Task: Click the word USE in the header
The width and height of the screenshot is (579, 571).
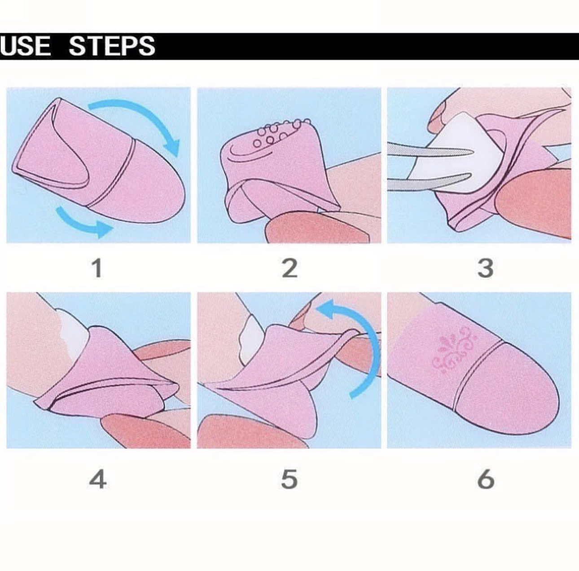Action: (x=25, y=46)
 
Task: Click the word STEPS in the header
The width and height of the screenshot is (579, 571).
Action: (x=112, y=46)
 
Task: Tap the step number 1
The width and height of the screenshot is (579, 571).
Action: (x=97, y=268)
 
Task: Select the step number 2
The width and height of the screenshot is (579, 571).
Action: (x=289, y=268)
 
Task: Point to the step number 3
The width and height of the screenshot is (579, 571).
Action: (x=485, y=268)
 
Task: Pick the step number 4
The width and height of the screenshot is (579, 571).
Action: (x=98, y=479)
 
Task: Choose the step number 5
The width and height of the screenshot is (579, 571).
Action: (x=289, y=479)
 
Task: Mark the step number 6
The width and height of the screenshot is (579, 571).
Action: (x=486, y=479)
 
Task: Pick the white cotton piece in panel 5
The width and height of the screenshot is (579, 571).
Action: (x=251, y=340)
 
